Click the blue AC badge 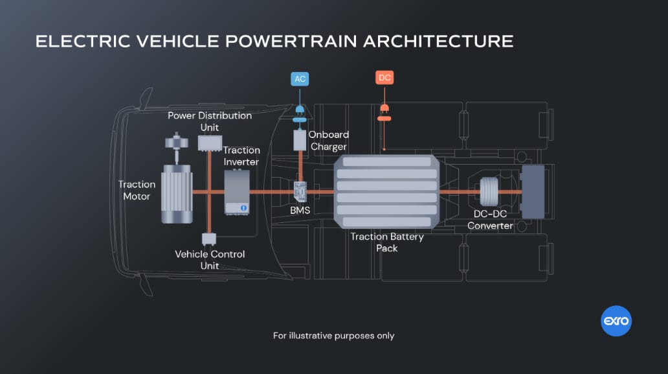pos(300,79)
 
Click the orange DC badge pos(384,78)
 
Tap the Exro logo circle pos(616,321)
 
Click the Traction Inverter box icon pos(237,192)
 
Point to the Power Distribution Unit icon pos(209,143)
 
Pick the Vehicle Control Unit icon pos(209,240)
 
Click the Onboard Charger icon pos(300,141)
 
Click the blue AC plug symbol pos(300,111)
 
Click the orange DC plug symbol pos(384,110)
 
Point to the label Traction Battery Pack pos(387,242)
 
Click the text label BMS pos(300,211)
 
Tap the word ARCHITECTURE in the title pos(438,41)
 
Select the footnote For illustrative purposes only pos(333,336)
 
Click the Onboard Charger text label pos(328,141)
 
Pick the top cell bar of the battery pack pos(387,162)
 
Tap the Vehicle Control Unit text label pos(210,260)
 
